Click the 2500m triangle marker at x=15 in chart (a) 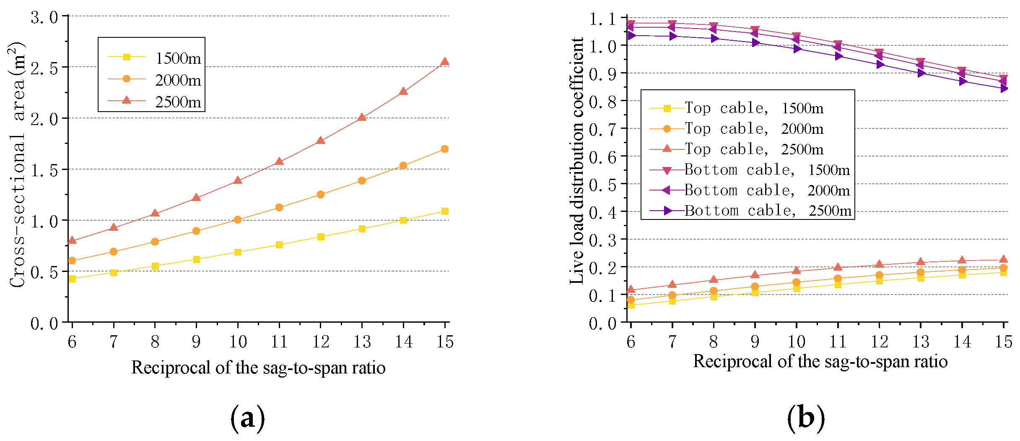point(445,62)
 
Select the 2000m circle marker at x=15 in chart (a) point(445,149)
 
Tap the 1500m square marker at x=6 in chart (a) point(72,279)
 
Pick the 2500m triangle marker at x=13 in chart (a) point(362,117)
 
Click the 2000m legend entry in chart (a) point(155,80)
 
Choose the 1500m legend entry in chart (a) point(155,58)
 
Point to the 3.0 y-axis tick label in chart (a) point(44,18)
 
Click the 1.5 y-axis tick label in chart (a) point(44,170)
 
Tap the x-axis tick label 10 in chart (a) point(238,342)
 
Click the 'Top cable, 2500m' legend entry point(737,149)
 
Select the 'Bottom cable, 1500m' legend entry point(750,170)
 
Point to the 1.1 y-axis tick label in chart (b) point(603,19)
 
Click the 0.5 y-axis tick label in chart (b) point(603,185)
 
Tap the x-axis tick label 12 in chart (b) point(880,342)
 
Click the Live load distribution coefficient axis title point(577,161)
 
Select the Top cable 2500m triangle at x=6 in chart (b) point(631,290)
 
